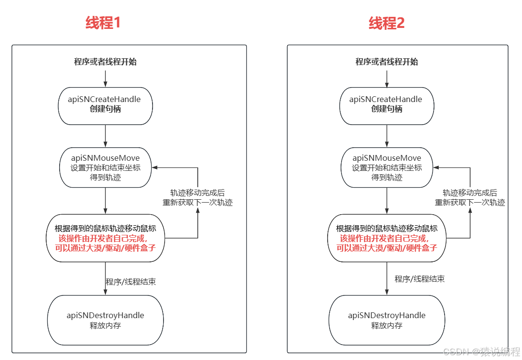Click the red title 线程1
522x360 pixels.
point(103,23)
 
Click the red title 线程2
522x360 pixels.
point(387,23)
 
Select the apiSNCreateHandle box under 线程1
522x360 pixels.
point(105,104)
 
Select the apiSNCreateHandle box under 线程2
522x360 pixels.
point(387,104)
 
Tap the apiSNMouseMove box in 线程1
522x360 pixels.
point(105,167)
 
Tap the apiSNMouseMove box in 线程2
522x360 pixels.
point(387,167)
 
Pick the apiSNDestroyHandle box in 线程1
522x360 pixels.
point(105,320)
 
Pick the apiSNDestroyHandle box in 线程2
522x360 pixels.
point(387,320)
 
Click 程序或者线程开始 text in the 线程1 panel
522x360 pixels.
point(105,62)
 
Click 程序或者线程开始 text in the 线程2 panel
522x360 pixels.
point(387,62)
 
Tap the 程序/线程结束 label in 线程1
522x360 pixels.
point(131,282)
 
